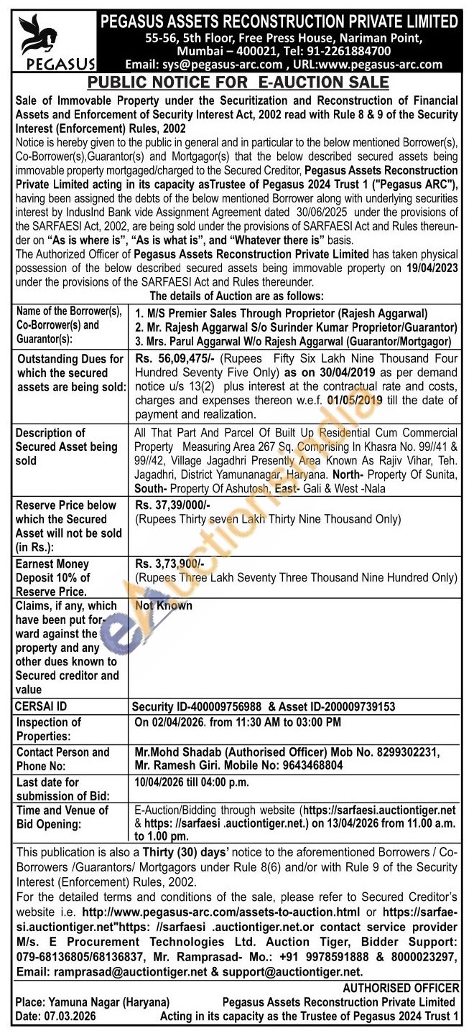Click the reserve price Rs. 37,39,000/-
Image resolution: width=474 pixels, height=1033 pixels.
coord(168,505)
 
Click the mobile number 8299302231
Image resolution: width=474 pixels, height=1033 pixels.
coord(406,752)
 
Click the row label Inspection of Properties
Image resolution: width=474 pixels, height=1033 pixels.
coord(49,729)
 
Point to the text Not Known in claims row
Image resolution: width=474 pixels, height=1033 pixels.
coord(164,606)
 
